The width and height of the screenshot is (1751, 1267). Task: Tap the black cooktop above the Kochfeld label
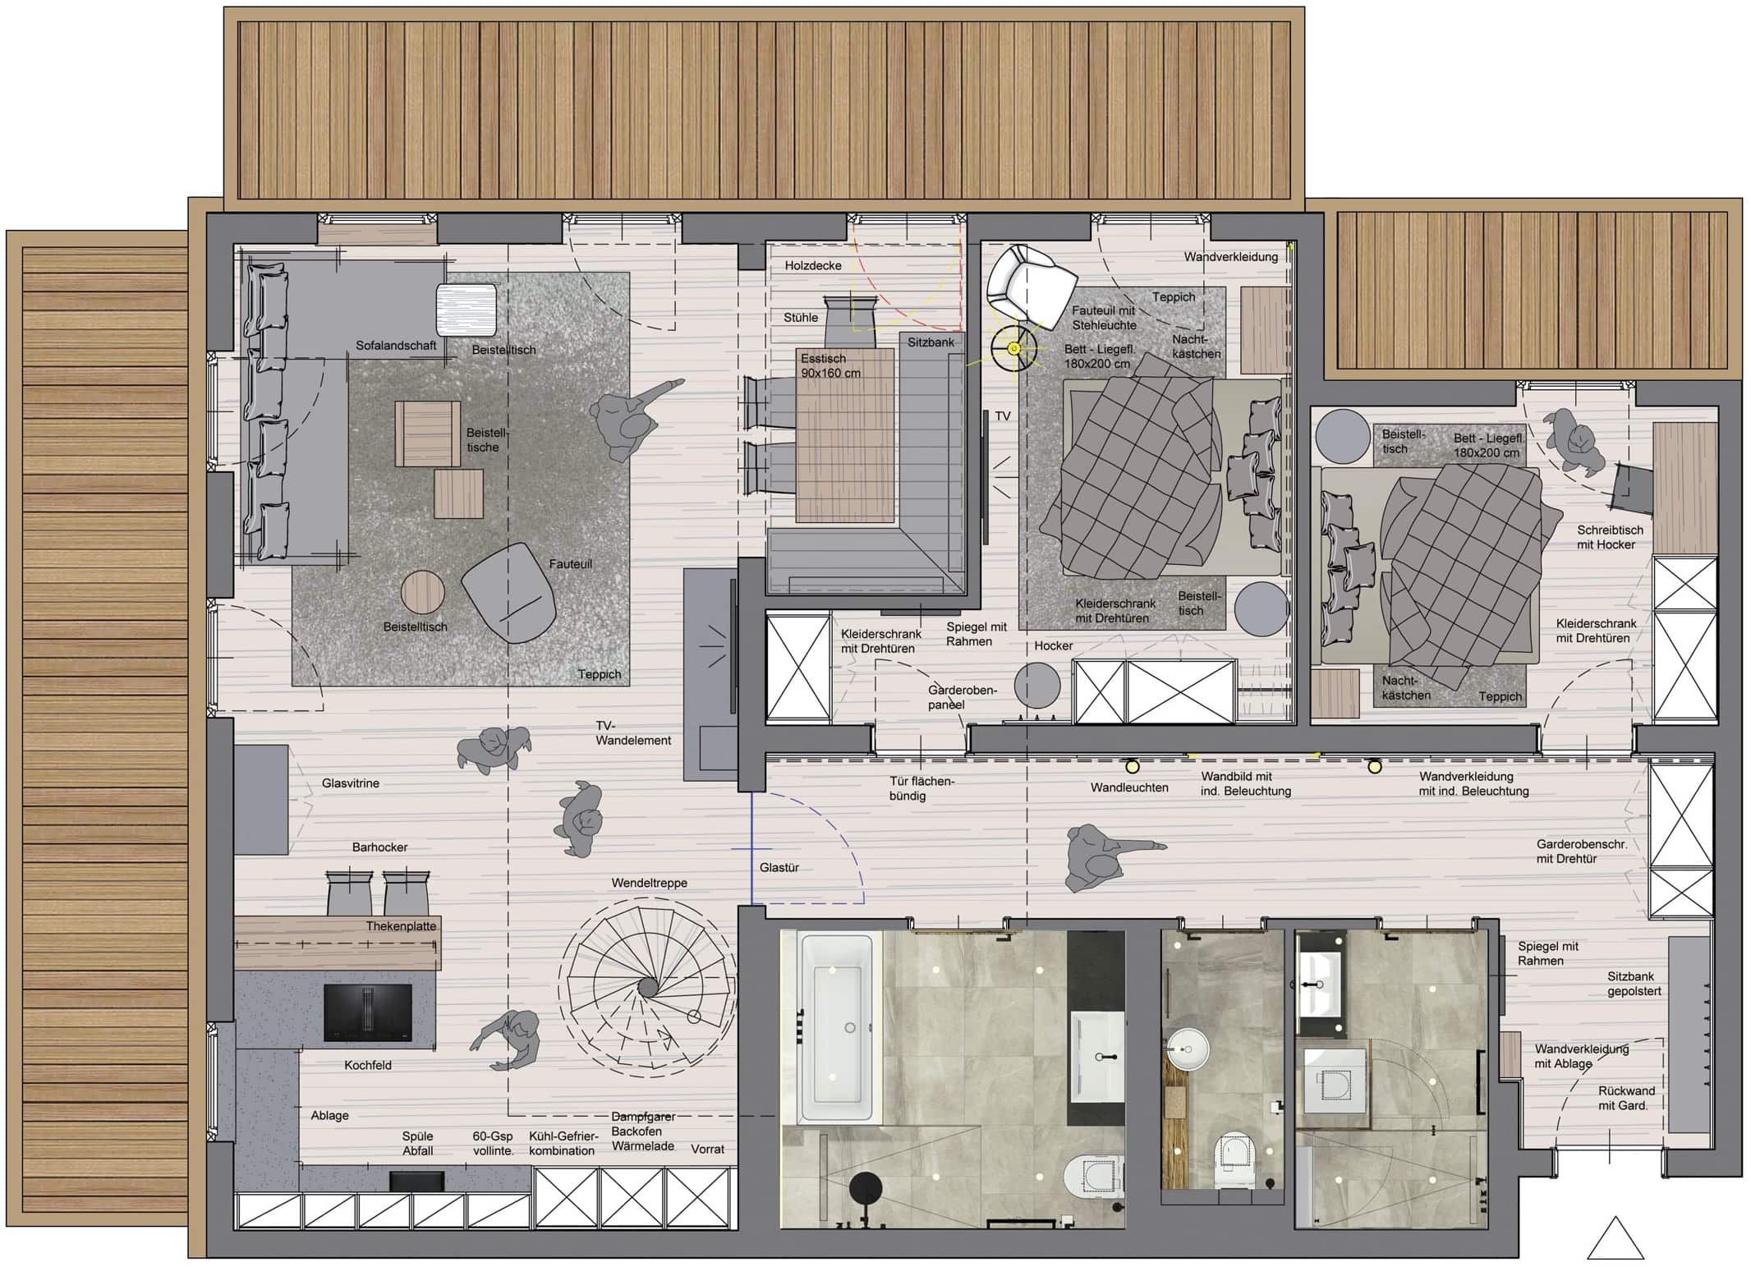point(367,1012)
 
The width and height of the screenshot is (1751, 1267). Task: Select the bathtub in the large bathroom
point(836,1027)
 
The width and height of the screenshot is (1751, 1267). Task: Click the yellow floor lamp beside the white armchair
point(1013,349)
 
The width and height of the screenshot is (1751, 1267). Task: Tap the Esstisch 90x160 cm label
point(830,365)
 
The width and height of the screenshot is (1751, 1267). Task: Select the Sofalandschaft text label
point(396,346)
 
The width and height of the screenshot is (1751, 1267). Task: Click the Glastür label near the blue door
point(779,867)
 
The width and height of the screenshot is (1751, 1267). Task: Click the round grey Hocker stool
point(1037,684)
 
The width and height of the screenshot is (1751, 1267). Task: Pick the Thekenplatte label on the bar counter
point(401,926)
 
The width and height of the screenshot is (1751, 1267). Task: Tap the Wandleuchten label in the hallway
point(1129,787)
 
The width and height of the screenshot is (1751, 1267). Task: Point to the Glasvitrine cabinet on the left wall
point(261,799)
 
